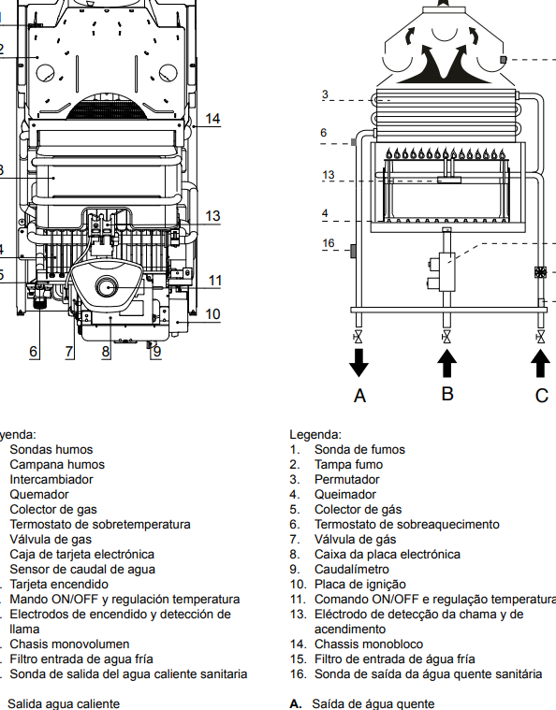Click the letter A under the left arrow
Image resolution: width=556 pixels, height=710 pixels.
click(359, 396)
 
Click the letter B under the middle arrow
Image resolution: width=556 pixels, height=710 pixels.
click(447, 393)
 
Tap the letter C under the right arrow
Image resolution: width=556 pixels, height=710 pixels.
click(541, 396)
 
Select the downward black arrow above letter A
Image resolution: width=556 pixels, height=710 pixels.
click(358, 361)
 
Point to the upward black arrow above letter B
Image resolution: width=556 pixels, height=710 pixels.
click(447, 361)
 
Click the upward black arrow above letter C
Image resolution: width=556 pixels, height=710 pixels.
click(540, 361)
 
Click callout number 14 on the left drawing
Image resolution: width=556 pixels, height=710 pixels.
click(212, 119)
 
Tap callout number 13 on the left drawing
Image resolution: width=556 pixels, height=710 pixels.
click(212, 216)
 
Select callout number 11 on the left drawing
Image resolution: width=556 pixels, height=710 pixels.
click(215, 281)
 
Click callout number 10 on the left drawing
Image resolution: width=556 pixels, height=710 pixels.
click(212, 313)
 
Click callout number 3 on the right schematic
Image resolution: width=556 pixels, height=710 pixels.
click(324, 94)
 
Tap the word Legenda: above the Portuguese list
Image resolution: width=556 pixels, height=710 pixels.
click(315, 435)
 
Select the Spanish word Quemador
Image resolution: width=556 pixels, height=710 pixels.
click(39, 494)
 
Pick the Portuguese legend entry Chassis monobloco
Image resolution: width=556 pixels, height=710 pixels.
click(368, 644)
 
